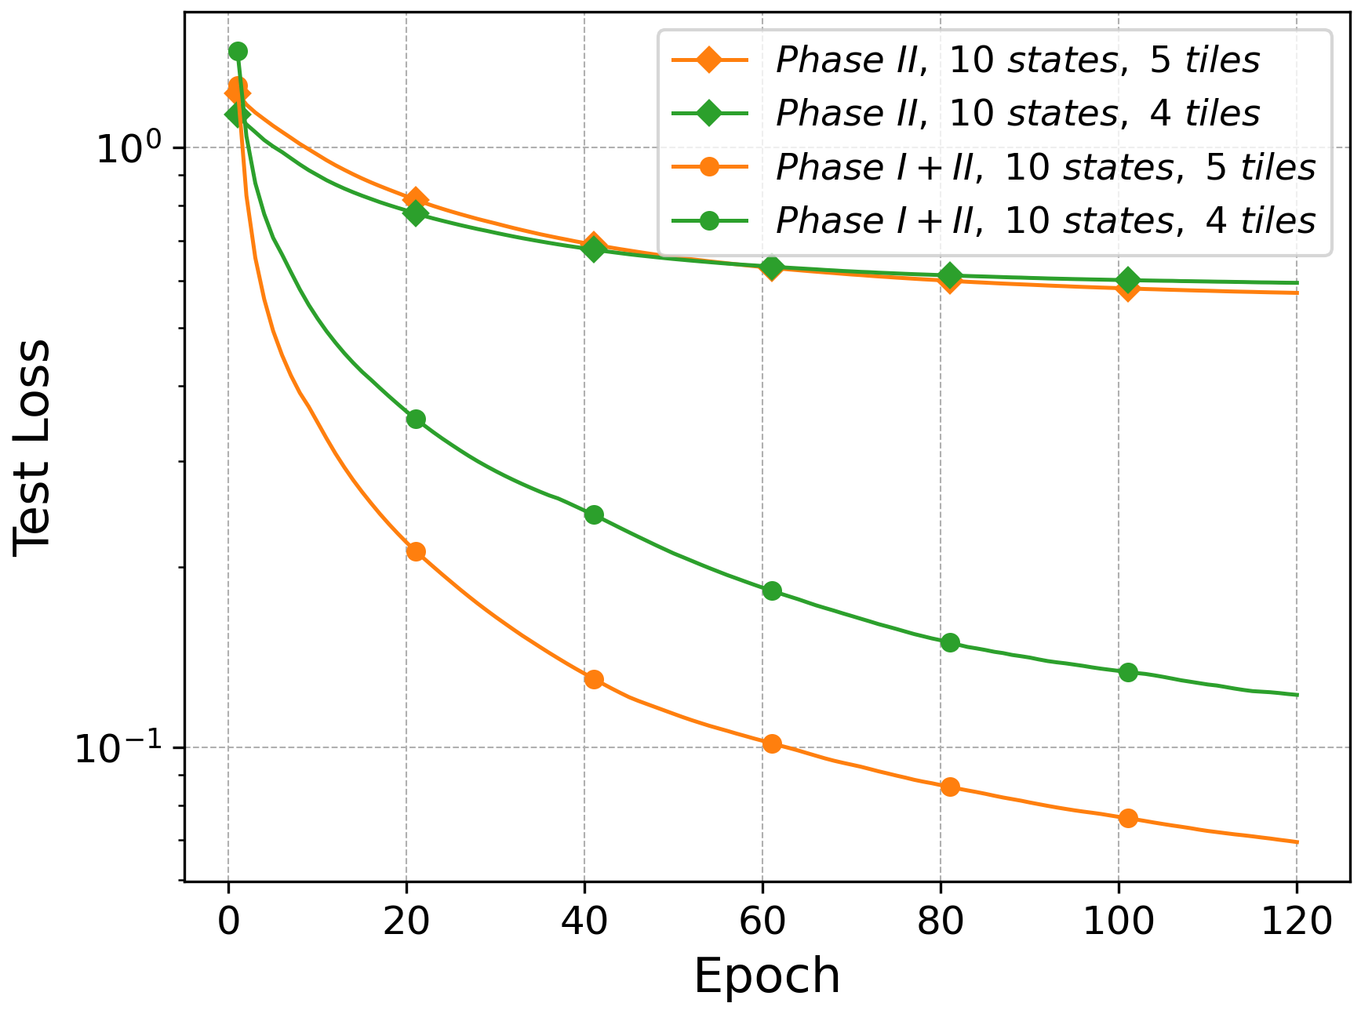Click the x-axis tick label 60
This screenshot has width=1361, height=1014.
coord(762,921)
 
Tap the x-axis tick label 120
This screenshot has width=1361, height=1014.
coord(1297,921)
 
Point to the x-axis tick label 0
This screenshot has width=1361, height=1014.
coord(228,921)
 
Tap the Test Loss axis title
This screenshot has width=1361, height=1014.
coord(32,448)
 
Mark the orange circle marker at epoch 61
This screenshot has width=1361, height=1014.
coord(772,743)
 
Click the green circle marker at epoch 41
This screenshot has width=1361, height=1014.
coord(594,514)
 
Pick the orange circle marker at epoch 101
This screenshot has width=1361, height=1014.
coord(1128,818)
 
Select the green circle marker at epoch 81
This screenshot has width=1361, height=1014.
coord(950,642)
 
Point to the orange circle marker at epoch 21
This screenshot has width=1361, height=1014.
coord(416,551)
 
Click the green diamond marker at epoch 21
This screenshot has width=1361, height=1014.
coord(416,213)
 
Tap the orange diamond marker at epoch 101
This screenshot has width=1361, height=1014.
coord(1128,289)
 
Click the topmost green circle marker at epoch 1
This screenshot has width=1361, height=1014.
coord(238,51)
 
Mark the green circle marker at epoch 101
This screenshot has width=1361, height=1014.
coord(1128,672)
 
